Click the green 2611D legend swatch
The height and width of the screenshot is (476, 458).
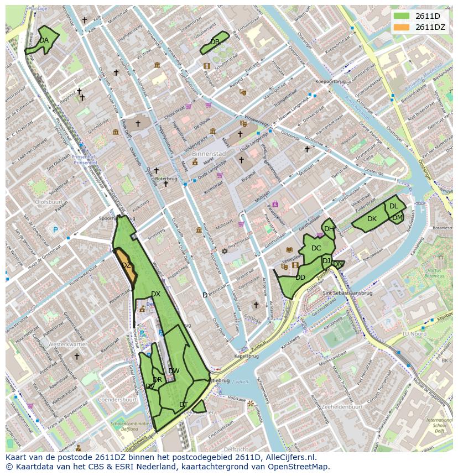tap(402, 16)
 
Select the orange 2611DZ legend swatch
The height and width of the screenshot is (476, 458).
tap(402, 27)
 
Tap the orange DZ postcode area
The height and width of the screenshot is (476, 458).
tap(127, 266)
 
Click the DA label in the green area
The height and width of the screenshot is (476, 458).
tap(44, 40)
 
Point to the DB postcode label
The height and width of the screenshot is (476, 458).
tap(215, 42)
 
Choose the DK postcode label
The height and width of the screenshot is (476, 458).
tap(372, 219)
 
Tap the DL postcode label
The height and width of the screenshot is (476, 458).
tap(393, 206)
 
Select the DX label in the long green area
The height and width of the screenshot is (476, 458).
tap(155, 294)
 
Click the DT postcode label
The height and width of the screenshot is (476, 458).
tap(184, 405)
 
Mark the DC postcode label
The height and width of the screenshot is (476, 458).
tap(316, 248)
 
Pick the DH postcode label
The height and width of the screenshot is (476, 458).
tap(329, 229)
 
